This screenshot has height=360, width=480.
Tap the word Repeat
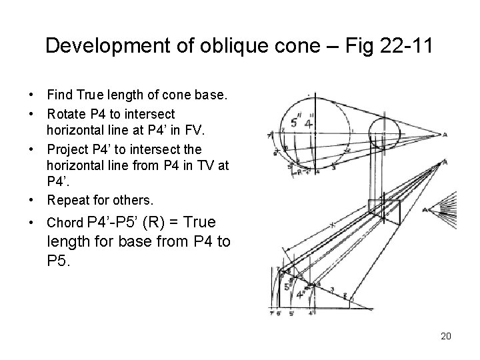(x=67, y=199)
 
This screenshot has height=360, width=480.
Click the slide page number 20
(x=446, y=335)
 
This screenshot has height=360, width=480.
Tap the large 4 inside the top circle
(x=308, y=123)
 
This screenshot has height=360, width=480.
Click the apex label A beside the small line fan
(x=425, y=209)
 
